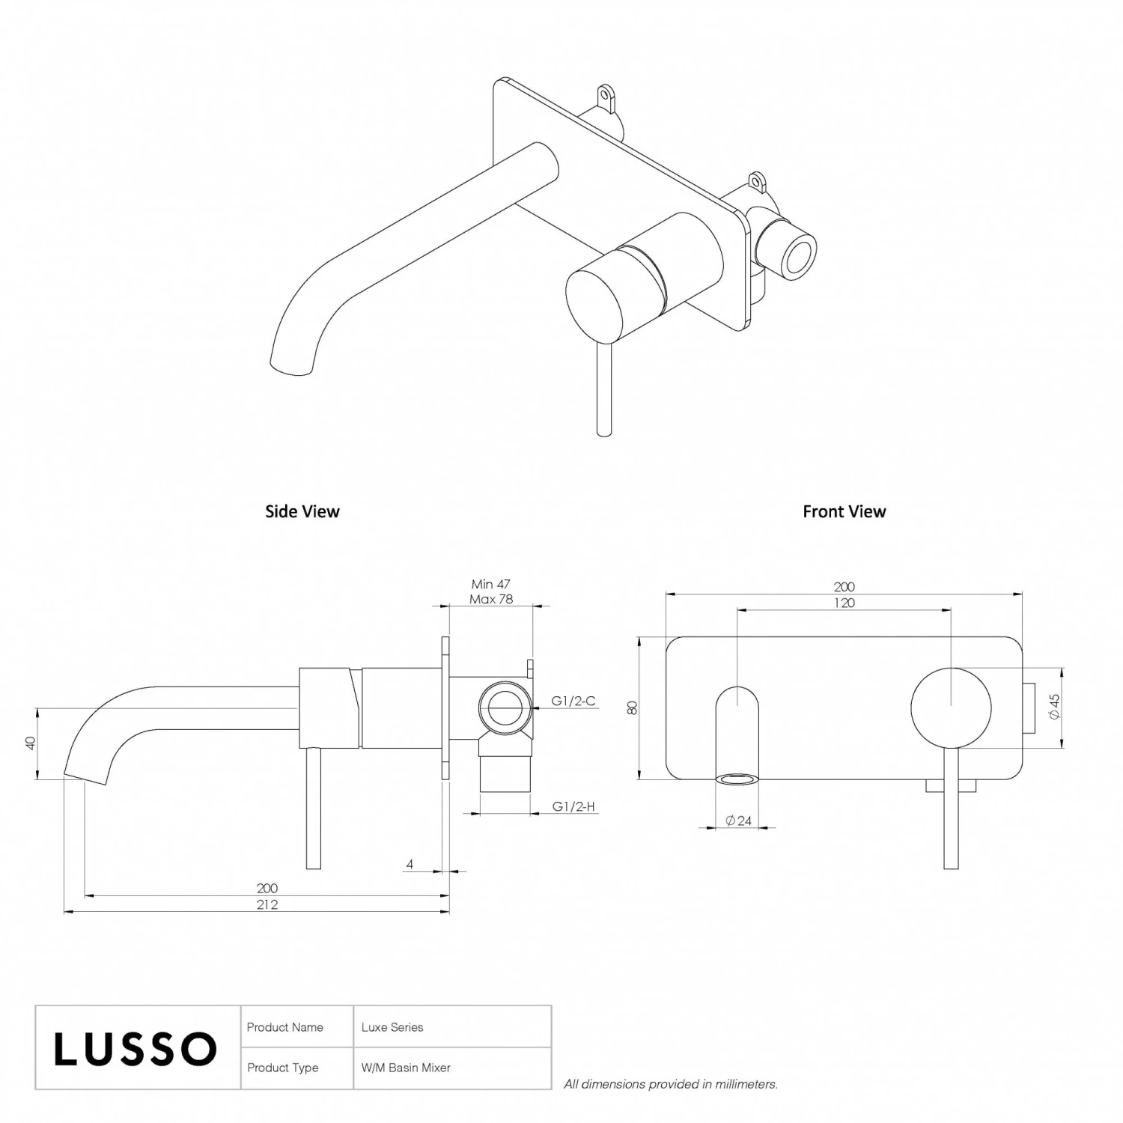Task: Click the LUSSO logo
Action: pyautogui.click(x=136, y=1048)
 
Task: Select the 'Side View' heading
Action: pyautogui.click(x=302, y=511)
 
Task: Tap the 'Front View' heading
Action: pyautogui.click(x=844, y=511)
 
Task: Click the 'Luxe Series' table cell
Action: pyautogui.click(x=392, y=1027)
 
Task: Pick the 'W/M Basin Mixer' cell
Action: pyautogui.click(x=406, y=1068)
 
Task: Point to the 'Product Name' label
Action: pyautogui.click(x=285, y=1027)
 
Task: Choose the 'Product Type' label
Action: pyautogui.click(x=283, y=1068)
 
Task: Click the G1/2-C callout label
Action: pyautogui.click(x=573, y=701)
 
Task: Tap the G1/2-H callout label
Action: pyautogui.click(x=573, y=806)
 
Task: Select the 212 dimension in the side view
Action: pyautogui.click(x=267, y=904)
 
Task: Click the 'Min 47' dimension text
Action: pyautogui.click(x=491, y=584)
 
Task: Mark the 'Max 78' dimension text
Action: pyautogui.click(x=491, y=599)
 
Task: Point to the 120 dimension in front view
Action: pyautogui.click(x=844, y=603)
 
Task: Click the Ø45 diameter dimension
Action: pyautogui.click(x=1055, y=707)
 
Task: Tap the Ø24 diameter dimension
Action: pyautogui.click(x=738, y=821)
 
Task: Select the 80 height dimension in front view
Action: pyautogui.click(x=633, y=707)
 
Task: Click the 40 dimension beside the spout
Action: pyautogui.click(x=31, y=743)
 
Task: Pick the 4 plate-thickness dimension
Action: pyautogui.click(x=410, y=864)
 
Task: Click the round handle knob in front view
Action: pyautogui.click(x=951, y=707)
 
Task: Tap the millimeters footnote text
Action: pyautogui.click(x=671, y=1083)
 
